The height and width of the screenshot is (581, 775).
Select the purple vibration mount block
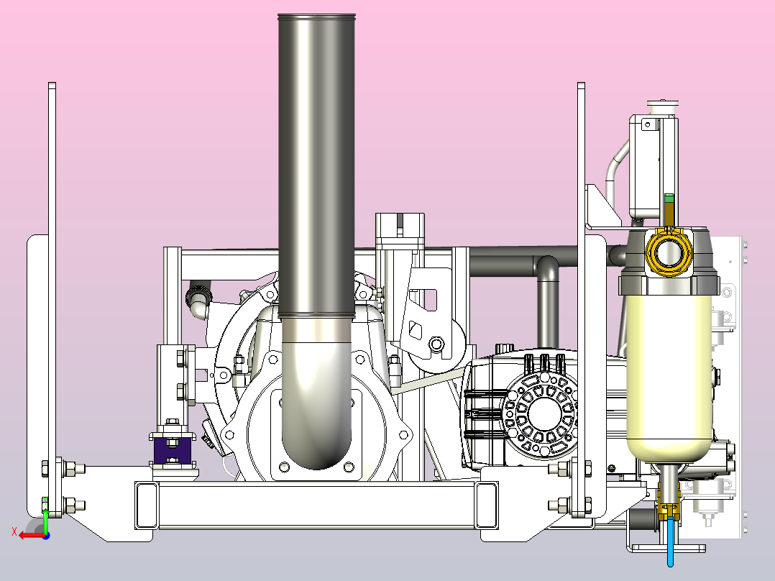173,449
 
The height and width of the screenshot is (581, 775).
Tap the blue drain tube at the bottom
670,542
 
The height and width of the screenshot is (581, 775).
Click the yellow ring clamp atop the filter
669,252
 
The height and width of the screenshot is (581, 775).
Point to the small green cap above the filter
669,198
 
